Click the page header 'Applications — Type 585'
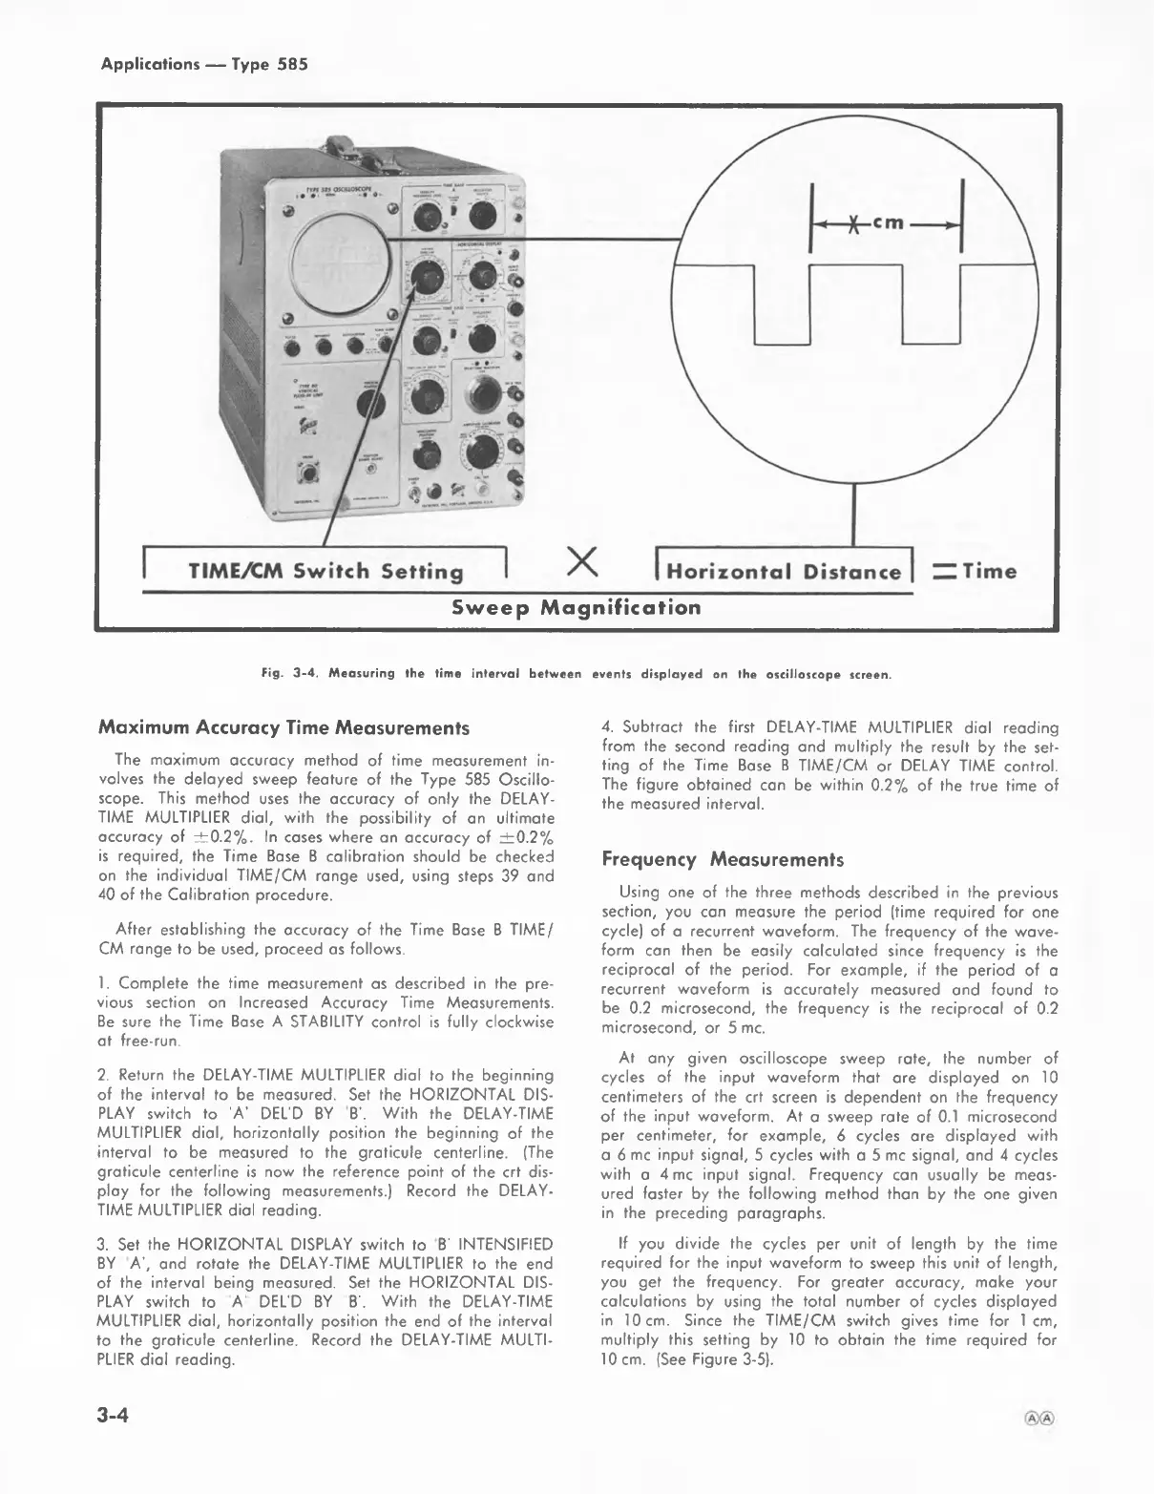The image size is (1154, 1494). pos(204,65)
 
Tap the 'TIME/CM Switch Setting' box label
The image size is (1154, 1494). pos(325,572)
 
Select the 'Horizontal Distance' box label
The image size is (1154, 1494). pos(784,572)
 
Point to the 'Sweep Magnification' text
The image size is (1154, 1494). pos(576,608)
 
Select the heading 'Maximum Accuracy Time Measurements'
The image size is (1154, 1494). pos(283,727)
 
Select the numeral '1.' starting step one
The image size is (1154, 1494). pos(104,983)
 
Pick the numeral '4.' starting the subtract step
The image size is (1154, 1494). pos(608,727)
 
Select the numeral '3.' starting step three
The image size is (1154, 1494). pos(104,1244)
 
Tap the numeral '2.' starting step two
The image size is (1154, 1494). pos(104,1075)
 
